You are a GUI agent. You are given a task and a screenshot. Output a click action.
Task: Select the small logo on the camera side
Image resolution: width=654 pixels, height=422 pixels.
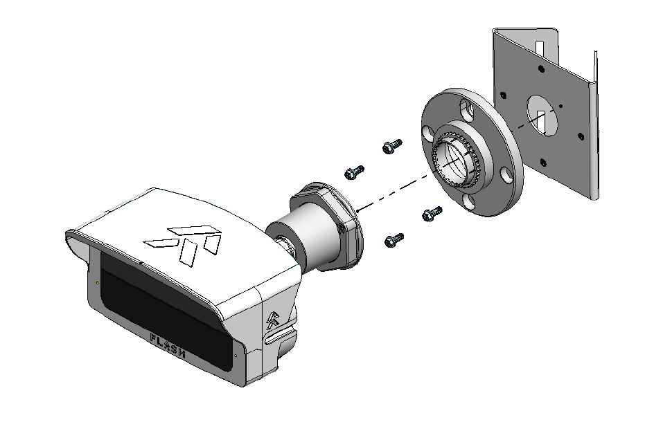click(x=273, y=320)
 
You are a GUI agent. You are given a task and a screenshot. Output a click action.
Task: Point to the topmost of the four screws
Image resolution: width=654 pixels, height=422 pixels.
click(x=392, y=146)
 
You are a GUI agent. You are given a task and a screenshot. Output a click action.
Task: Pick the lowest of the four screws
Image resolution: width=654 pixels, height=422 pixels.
click(x=394, y=240)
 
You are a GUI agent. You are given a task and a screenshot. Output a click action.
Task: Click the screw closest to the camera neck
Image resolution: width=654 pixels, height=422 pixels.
click(x=355, y=172)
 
